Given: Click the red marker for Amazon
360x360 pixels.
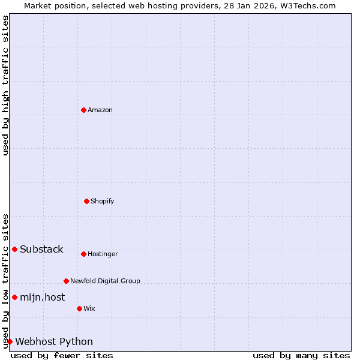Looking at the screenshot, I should point(83,110).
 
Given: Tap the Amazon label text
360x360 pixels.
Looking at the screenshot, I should point(100,110).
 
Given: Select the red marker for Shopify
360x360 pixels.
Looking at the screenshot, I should point(86,201).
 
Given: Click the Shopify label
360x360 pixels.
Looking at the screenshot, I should point(103,201).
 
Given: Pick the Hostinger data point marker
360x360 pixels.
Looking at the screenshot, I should point(83,254).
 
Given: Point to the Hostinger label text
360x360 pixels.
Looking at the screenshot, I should point(103,254).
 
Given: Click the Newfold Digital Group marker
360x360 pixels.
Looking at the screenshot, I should point(66,281).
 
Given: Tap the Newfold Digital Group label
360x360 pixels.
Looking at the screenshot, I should point(105,281).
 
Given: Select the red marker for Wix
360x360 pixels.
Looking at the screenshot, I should point(79,308).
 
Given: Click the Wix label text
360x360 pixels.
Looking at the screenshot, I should point(89,308).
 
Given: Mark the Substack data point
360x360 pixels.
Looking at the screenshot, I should point(14,249).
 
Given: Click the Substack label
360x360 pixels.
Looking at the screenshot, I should point(41,250).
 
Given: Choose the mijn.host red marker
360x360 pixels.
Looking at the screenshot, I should point(14,297).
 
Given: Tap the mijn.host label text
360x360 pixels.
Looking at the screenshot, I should point(42,297).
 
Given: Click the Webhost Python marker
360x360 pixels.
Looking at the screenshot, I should point(10,341).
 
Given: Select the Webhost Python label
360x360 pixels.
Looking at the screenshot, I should point(54,342).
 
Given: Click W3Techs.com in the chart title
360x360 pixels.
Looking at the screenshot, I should point(307,5).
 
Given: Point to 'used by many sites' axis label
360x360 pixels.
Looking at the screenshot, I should point(301,355).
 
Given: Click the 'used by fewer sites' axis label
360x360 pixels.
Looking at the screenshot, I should point(62,355).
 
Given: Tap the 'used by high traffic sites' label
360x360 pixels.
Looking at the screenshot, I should point(5,85).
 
